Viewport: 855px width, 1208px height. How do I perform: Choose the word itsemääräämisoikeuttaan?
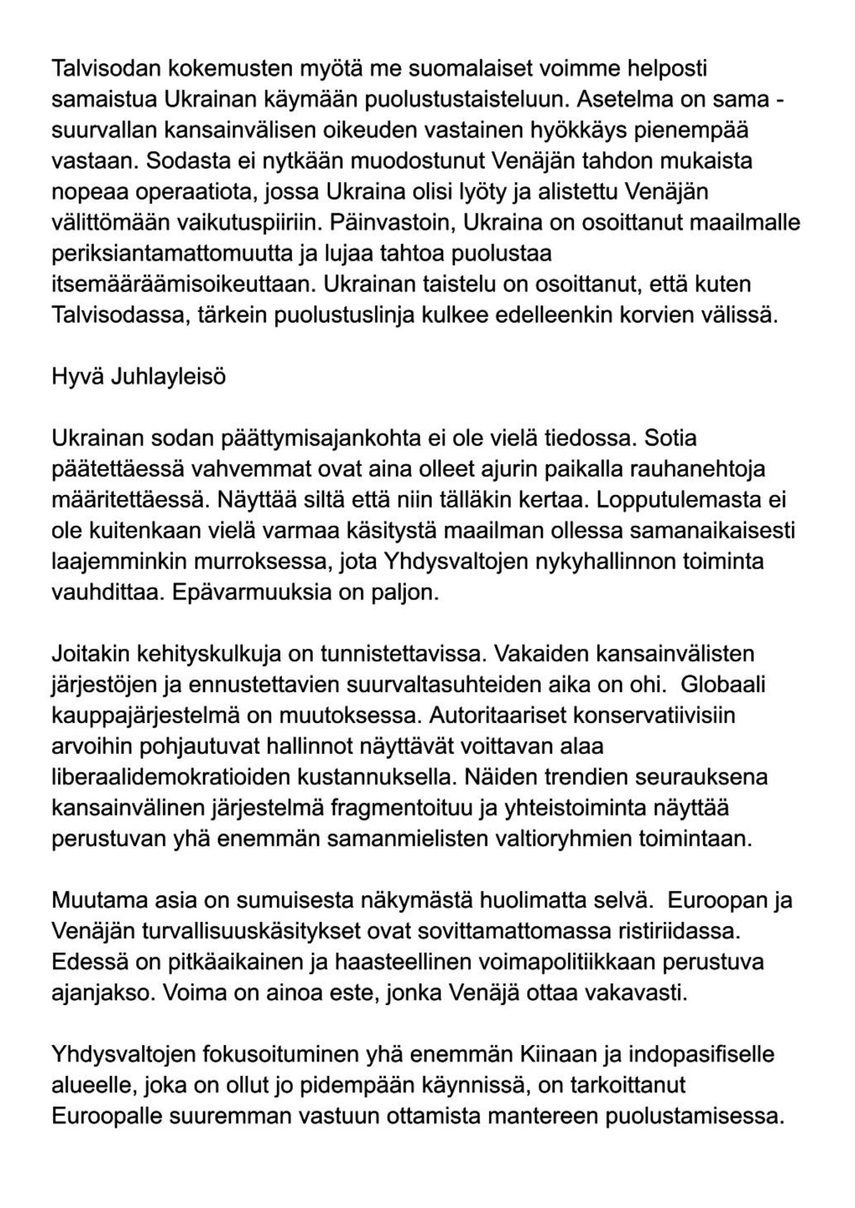(183, 284)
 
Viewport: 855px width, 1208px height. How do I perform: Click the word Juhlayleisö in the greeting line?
(168, 376)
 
